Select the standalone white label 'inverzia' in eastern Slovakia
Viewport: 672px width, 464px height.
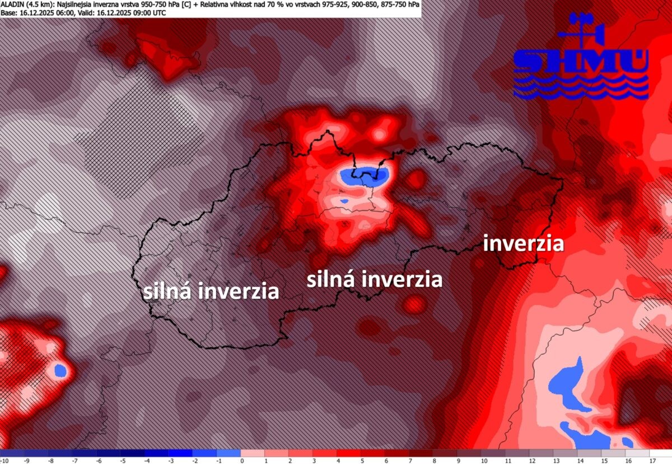pos(523,244)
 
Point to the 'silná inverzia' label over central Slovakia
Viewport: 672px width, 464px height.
pos(374,279)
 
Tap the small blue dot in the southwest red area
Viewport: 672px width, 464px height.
pos(60,370)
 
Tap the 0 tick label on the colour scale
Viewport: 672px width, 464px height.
pos(241,460)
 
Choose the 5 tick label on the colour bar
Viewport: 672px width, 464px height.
pos(362,460)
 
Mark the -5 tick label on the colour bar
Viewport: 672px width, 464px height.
pos(122,460)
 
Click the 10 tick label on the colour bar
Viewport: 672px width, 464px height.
pos(482,460)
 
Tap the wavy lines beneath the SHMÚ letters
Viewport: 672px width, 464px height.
pos(581,87)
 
